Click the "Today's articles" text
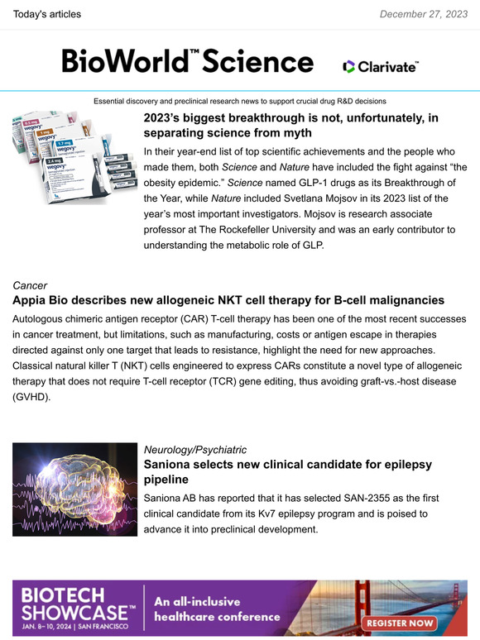coord(47,14)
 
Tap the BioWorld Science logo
coord(187,61)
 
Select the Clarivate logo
coord(381,65)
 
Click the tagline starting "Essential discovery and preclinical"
coord(239,101)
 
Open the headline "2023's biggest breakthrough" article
coord(290,126)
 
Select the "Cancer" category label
coord(30,285)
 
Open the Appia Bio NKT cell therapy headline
coord(228,300)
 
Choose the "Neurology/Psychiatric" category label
coord(195,450)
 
